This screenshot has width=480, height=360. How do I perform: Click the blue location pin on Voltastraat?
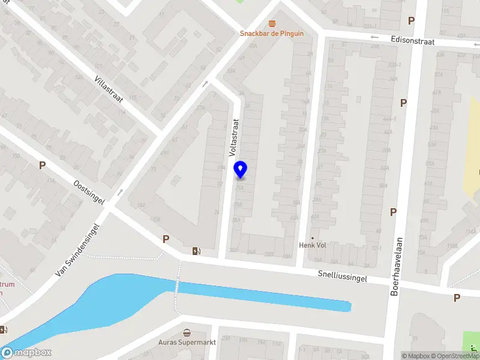241,169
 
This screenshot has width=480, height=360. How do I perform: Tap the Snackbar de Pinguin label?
272,34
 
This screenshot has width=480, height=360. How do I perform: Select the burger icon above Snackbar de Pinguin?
272,23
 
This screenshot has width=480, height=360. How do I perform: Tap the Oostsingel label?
88,192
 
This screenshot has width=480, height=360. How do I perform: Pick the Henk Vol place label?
312,245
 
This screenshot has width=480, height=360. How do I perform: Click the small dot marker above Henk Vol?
312,237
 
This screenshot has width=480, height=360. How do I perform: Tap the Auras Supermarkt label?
187,342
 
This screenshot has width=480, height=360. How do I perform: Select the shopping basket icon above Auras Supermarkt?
187,332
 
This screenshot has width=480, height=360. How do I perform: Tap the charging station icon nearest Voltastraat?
196,251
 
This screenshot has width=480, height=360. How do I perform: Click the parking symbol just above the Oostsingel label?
42,165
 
